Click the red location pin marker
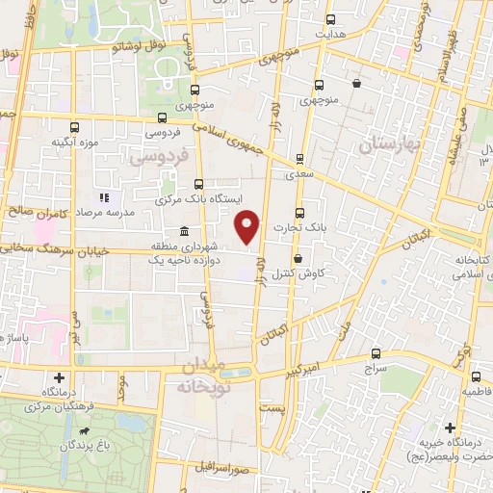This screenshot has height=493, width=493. (247, 227)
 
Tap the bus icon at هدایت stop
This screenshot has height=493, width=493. (331, 19)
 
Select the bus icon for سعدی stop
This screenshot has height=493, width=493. (299, 159)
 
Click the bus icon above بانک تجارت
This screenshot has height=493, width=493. (298, 213)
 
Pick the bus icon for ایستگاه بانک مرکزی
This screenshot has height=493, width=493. (198, 184)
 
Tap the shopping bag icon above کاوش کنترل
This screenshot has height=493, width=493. (298, 258)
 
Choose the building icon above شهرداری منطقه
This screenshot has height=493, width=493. (184, 231)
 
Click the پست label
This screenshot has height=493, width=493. (278, 409)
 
